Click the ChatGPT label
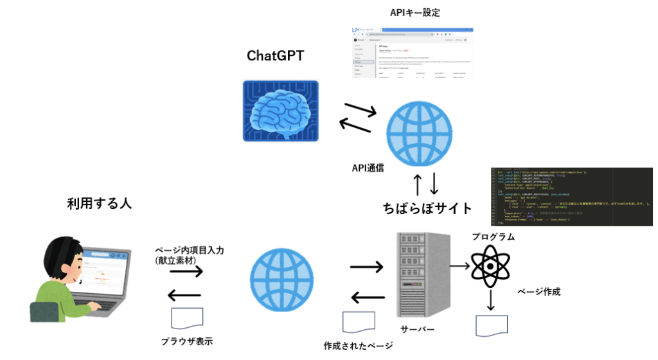[x=275, y=56]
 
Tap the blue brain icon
[x=280, y=111]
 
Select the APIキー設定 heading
[x=415, y=12]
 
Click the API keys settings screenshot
[x=413, y=53]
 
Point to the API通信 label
[x=368, y=168]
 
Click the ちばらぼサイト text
[x=427, y=208]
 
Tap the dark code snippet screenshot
[x=571, y=196]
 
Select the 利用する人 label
[x=99, y=204]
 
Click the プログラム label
[x=493, y=237]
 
